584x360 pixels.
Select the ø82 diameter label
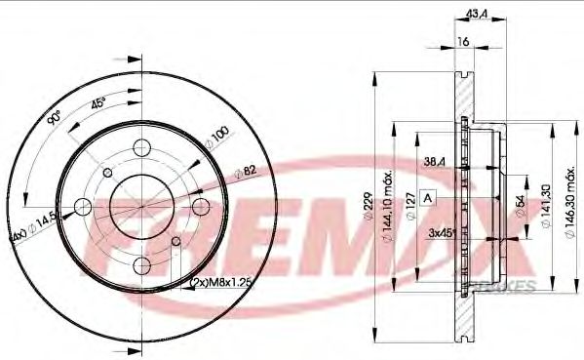tap(246, 173)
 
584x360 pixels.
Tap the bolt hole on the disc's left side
tap(84, 206)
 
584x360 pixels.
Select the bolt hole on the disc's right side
tap(201, 206)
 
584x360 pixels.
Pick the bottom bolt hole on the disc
tap(142, 264)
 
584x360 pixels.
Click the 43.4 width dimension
tap(478, 13)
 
